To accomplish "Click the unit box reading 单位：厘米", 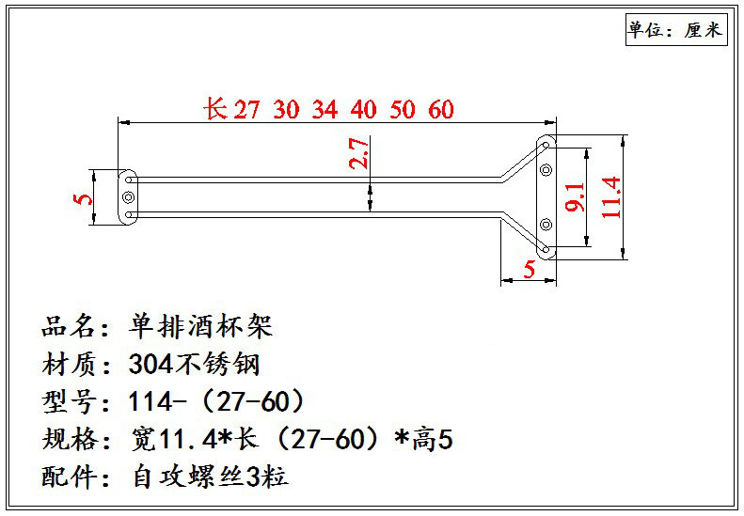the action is pos(675,30).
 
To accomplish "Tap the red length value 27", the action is pos(246,110).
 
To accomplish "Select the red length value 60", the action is pos(440,110).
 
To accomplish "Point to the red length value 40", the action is pos(363,110).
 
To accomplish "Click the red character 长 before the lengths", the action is pos(215,109).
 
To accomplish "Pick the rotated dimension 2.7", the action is pos(358,152).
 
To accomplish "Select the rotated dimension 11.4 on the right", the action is pos(611,197).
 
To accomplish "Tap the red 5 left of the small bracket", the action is pos(83,198).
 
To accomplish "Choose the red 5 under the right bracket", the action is pos(529,270).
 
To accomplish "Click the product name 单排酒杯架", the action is pos(199,327).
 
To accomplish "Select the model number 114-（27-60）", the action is pos(216,402).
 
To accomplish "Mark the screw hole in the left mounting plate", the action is pos(128,196).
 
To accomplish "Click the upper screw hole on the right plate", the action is pos(546,171).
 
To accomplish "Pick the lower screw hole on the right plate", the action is pos(546,224).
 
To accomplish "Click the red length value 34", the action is pos(325,110).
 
